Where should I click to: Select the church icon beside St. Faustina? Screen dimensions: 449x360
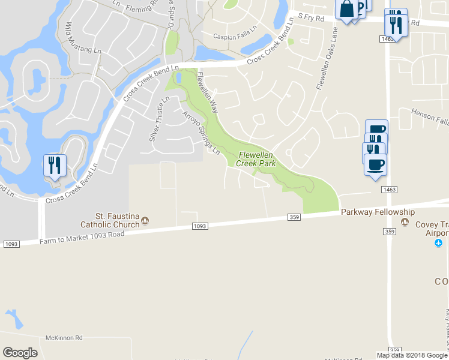click(x=145, y=222)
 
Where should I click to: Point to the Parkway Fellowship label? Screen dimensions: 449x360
click(x=378, y=212)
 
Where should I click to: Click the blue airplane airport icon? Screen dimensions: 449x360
click(x=438, y=242)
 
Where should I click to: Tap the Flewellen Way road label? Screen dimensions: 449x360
click(x=207, y=93)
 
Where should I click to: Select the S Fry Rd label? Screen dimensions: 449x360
click(x=312, y=19)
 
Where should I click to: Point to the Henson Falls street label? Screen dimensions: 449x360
click(x=430, y=116)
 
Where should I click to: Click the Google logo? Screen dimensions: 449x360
click(x=20, y=353)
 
